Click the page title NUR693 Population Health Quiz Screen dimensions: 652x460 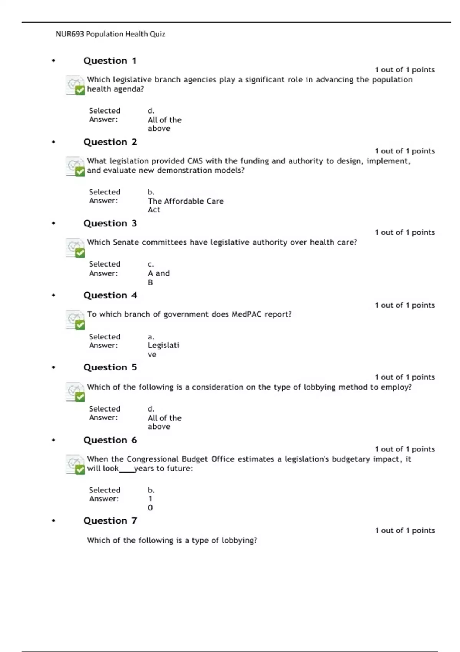[110, 34]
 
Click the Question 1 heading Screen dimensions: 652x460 [110, 61]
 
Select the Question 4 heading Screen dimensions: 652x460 [110, 295]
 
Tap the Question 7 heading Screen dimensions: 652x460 [110, 520]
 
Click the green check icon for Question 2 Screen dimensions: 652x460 [80, 171]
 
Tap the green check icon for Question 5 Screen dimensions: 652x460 [80, 397]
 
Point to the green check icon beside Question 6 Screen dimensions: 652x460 [80, 469]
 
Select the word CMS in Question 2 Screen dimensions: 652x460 [195, 161]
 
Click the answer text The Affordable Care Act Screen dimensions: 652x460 [186, 205]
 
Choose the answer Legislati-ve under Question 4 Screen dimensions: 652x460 [163, 349]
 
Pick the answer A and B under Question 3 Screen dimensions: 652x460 [159, 277]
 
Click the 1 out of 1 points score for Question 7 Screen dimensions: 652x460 [405, 530]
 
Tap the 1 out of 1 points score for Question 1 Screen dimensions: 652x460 [405, 70]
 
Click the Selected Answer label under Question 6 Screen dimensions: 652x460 [104, 494]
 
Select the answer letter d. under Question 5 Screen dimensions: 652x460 [151, 409]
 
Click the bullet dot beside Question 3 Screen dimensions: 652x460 [54, 223]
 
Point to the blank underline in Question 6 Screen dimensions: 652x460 [127, 471]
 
